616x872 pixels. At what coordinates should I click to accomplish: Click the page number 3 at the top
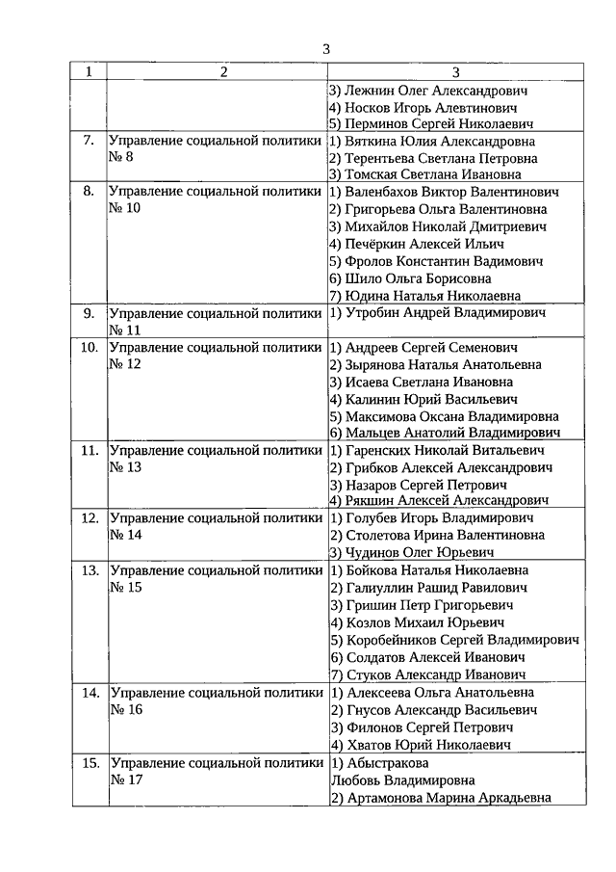click(326, 49)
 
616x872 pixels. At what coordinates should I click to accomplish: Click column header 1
click(89, 72)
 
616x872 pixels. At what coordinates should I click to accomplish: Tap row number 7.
click(89, 140)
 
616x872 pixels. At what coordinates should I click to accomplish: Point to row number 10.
click(89, 347)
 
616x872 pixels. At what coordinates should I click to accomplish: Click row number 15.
click(89, 762)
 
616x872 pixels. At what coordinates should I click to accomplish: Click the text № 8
click(122, 157)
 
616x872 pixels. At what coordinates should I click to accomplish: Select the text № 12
click(126, 364)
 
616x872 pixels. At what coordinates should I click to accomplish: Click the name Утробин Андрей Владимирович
click(437, 313)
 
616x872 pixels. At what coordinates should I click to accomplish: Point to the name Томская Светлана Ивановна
click(425, 174)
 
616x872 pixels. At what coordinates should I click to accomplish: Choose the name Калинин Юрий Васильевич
click(423, 399)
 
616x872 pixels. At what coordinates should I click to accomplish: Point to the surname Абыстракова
click(379, 762)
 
